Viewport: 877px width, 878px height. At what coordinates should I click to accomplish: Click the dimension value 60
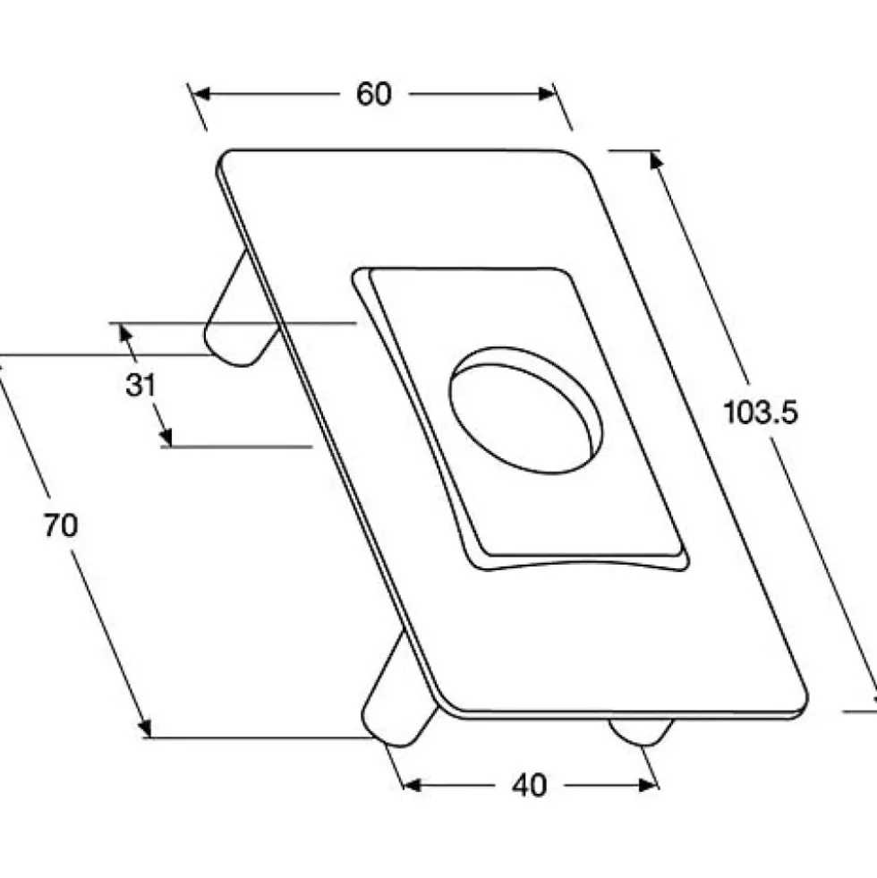point(373,94)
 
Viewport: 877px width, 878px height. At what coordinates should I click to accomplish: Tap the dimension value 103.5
point(760,412)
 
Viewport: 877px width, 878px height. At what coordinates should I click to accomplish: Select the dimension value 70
point(61,525)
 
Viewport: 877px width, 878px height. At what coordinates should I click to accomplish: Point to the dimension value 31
point(140,385)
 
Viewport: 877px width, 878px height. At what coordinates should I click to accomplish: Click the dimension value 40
point(529,786)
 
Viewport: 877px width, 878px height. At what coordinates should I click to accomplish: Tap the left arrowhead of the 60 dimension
point(201,94)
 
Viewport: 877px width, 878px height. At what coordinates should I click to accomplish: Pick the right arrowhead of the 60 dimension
point(547,94)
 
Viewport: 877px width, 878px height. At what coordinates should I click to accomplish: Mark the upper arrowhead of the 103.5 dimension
point(656,161)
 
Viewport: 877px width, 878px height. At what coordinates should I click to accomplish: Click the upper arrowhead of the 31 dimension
point(126,335)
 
